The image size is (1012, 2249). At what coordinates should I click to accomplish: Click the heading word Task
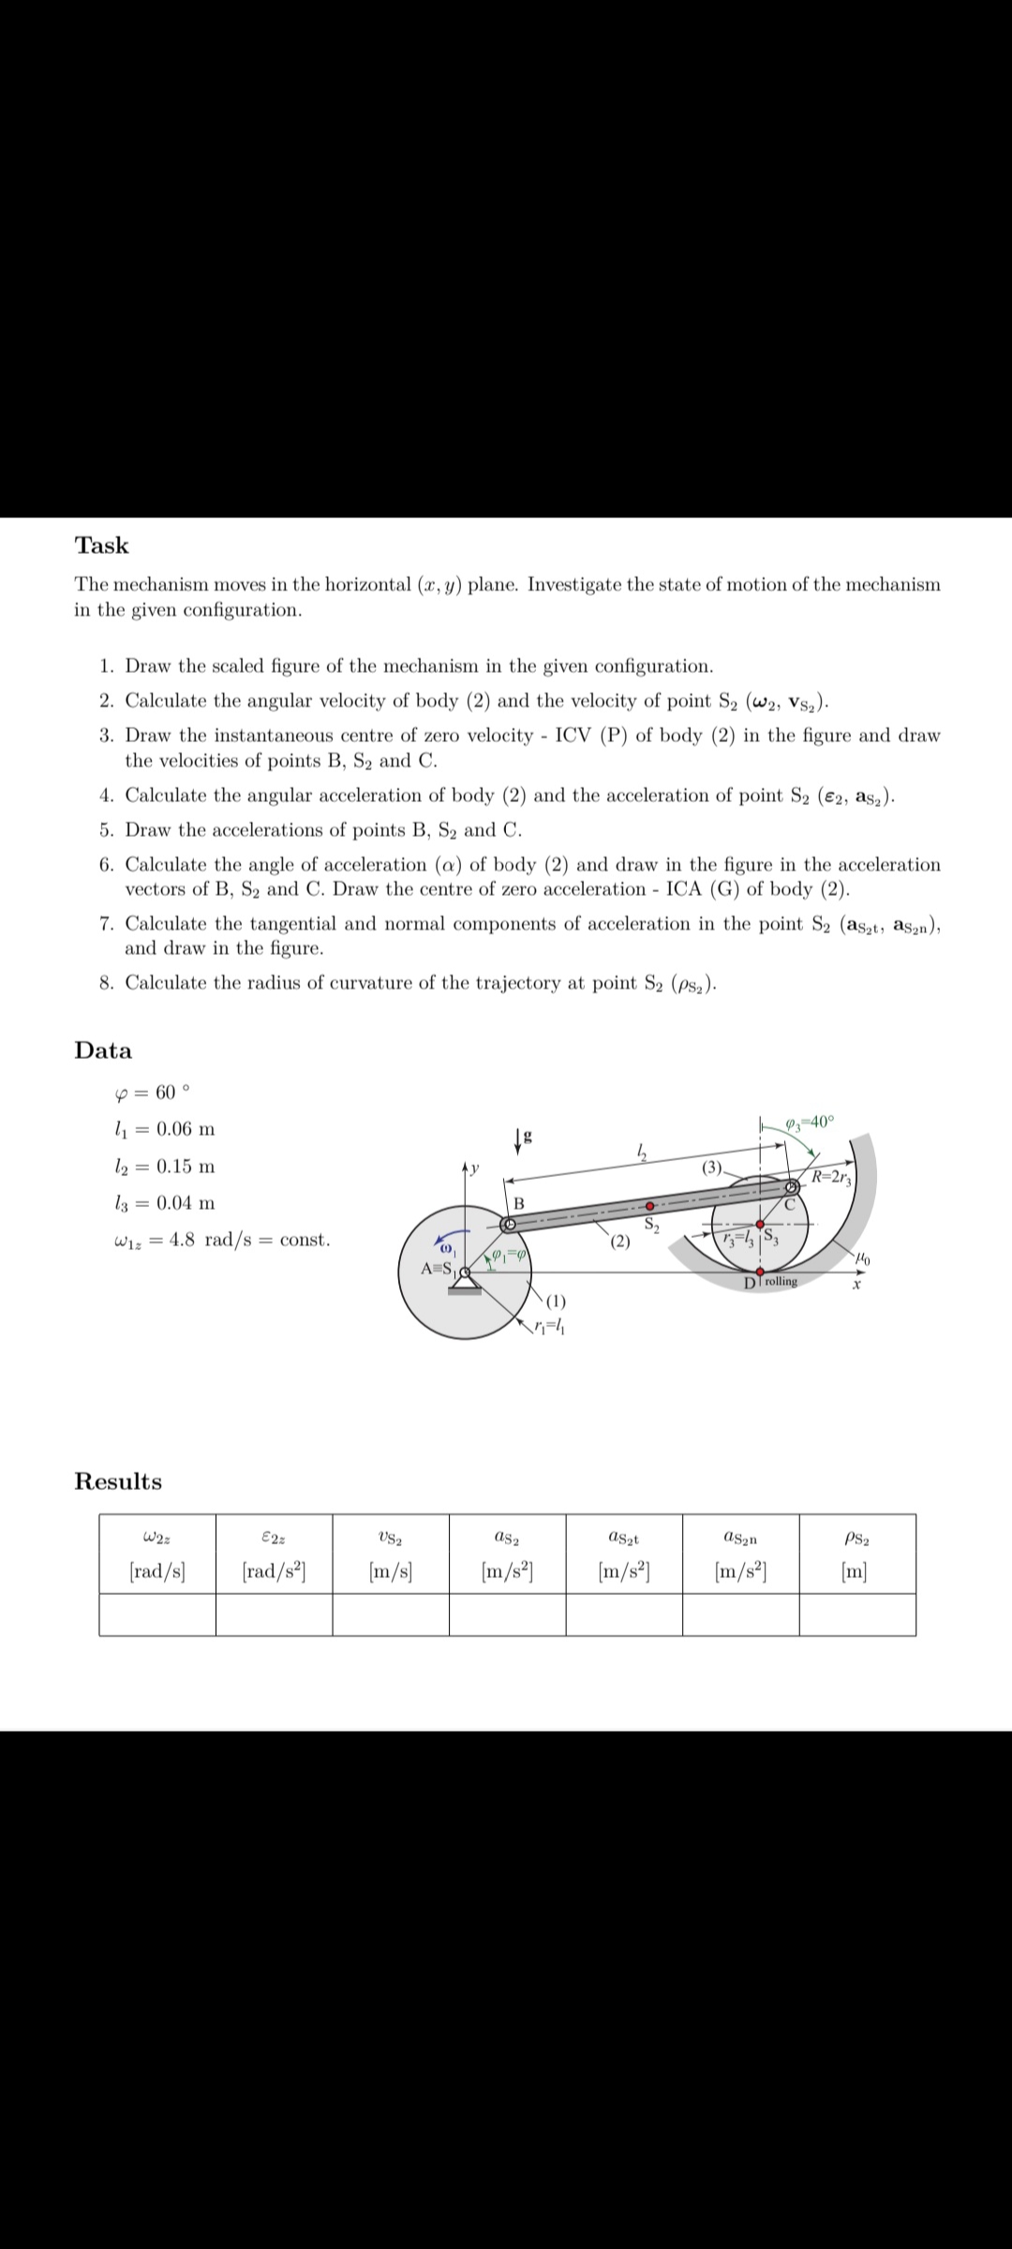pyautogui.click(x=101, y=545)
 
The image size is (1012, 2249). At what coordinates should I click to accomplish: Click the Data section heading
pyautogui.click(x=103, y=1050)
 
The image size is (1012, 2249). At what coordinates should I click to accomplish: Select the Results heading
pyautogui.click(x=118, y=1482)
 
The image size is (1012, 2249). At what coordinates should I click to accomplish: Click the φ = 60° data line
pyautogui.click(x=150, y=1093)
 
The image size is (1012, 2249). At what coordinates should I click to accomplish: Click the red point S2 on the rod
pyautogui.click(x=647, y=1205)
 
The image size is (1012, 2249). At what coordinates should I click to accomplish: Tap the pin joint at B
pyautogui.click(x=509, y=1224)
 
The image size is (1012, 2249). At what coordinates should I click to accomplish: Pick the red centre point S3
pyautogui.click(x=759, y=1224)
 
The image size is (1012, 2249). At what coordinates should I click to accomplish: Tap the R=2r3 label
pyautogui.click(x=830, y=1178)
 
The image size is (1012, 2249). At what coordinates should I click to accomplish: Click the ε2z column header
pyautogui.click(x=274, y=1538)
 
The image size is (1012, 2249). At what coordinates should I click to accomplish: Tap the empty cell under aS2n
pyautogui.click(x=740, y=1614)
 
